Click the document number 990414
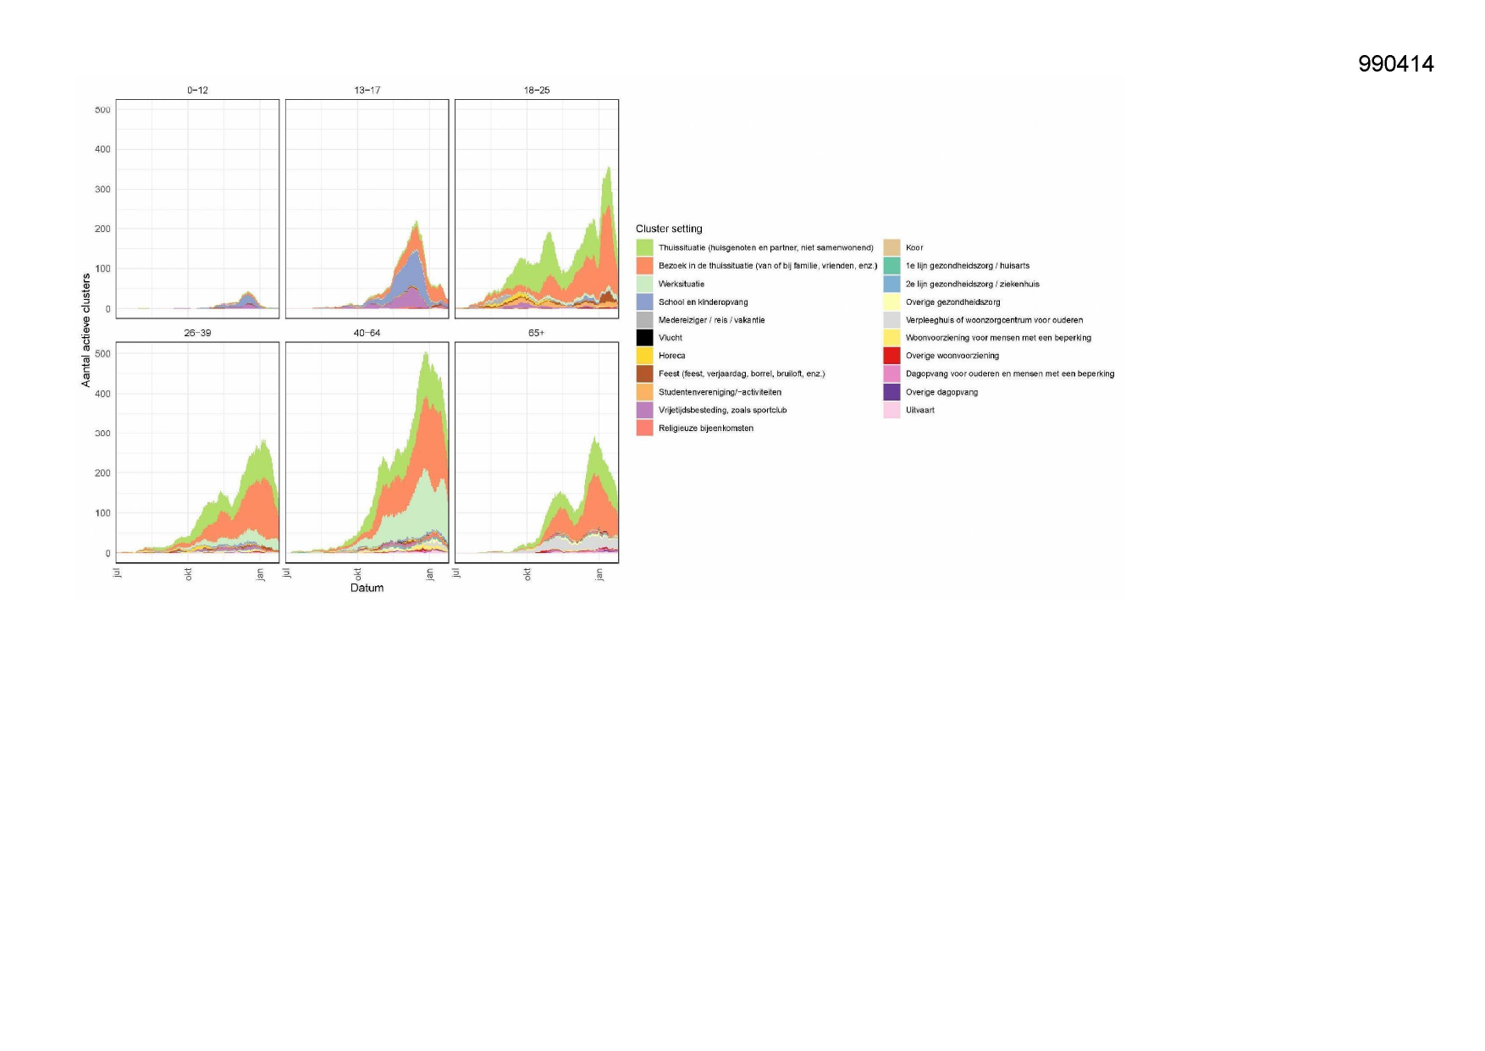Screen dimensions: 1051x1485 [1395, 64]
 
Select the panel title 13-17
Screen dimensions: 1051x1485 [367, 90]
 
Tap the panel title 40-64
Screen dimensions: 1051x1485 [367, 333]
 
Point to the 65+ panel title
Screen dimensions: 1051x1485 [536, 333]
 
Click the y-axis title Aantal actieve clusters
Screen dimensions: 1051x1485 [86, 330]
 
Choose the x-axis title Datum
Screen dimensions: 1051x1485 [367, 588]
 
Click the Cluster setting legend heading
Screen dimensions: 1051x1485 [669, 229]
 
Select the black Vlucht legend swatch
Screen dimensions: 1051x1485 [644, 338]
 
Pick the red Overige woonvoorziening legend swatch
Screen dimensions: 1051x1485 [892, 356]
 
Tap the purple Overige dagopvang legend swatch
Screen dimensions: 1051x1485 [892, 392]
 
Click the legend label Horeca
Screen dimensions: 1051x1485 [671, 356]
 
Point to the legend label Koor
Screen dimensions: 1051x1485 [914, 248]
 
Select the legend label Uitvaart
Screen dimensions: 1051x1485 [919, 410]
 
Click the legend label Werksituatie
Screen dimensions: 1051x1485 [681, 285]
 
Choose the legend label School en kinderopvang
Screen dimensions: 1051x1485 [703, 302]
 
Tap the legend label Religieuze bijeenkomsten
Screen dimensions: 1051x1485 [705, 429]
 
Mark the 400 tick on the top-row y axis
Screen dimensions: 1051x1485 [102, 149]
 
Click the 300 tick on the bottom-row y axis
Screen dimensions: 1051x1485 [102, 434]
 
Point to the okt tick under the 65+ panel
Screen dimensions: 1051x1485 [527, 574]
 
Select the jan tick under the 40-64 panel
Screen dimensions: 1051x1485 [430, 574]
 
